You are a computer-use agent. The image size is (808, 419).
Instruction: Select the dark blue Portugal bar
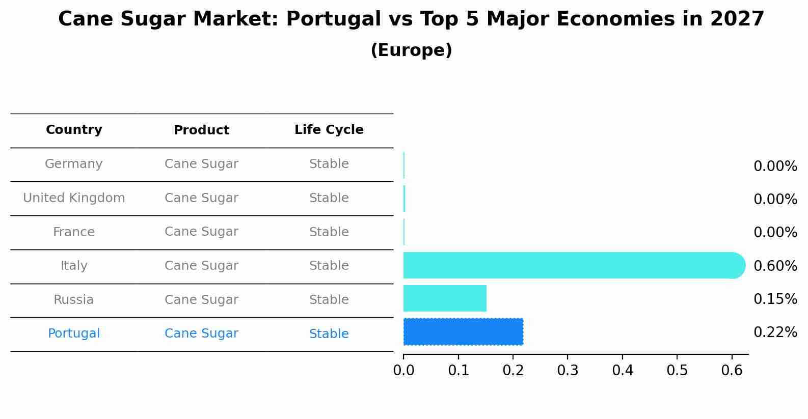point(463,332)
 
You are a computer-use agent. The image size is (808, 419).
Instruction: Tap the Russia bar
point(445,298)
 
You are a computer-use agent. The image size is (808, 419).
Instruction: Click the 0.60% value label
point(775,266)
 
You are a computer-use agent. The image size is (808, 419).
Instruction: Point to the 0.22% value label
point(775,332)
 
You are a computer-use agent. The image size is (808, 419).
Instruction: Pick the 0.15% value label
point(775,299)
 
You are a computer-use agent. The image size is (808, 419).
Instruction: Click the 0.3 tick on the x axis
point(568,370)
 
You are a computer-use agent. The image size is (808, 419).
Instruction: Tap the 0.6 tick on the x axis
point(732,370)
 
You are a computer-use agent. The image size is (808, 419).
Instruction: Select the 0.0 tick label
point(403,370)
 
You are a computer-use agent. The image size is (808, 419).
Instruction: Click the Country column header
point(74,130)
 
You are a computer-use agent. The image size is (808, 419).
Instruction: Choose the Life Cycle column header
point(329,130)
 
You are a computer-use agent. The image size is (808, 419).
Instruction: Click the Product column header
point(201,130)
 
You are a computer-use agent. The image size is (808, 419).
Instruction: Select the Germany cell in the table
point(74,164)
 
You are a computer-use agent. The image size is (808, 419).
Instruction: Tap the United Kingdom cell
point(74,198)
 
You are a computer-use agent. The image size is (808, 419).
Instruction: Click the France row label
point(74,232)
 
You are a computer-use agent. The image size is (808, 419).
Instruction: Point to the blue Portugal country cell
point(74,333)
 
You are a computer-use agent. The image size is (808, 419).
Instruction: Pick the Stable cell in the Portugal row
point(329,334)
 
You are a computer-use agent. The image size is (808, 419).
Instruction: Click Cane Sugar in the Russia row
point(201,300)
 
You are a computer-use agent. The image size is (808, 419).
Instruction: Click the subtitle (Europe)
point(411,50)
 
